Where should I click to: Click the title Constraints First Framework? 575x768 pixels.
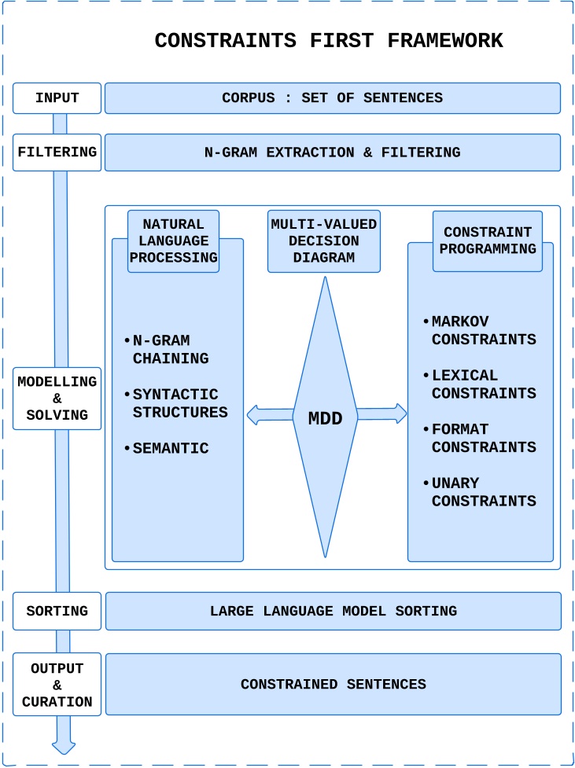pyautogui.click(x=329, y=41)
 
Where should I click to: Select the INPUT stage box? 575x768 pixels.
pyautogui.click(x=57, y=98)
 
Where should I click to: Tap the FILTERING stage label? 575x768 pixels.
pyautogui.click(x=57, y=152)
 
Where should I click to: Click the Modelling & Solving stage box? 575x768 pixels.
pyautogui.click(x=57, y=399)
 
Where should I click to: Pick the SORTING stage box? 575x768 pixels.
pyautogui.click(x=57, y=611)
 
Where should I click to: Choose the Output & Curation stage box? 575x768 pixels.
pyautogui.click(x=57, y=684)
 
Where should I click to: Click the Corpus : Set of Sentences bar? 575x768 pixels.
pyautogui.click(x=332, y=98)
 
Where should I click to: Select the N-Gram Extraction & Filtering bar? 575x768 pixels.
pyautogui.click(x=332, y=152)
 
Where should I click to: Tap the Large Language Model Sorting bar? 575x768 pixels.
pyautogui.click(x=333, y=611)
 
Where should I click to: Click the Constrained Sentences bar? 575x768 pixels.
pyautogui.click(x=333, y=684)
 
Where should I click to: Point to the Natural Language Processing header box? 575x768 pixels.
pyautogui.click(x=173, y=241)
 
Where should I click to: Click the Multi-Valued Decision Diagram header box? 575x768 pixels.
pyautogui.click(x=323, y=241)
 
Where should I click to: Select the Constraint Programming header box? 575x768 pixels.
pyautogui.click(x=487, y=241)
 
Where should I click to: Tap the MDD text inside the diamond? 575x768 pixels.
pyautogui.click(x=325, y=419)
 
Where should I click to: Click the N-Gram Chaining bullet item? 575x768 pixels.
pyautogui.click(x=170, y=350)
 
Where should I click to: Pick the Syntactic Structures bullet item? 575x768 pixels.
pyautogui.click(x=179, y=403)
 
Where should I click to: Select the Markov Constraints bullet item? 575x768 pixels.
pyautogui.click(x=483, y=331)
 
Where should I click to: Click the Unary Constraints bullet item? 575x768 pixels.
pyautogui.click(x=483, y=492)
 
